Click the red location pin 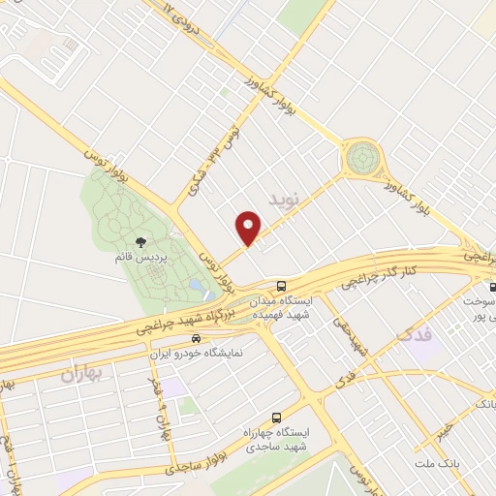point(248,228)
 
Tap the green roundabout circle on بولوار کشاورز point(362,156)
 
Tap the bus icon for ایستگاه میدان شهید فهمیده point(281,286)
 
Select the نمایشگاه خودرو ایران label point(198,354)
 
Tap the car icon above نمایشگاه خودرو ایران point(197,339)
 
